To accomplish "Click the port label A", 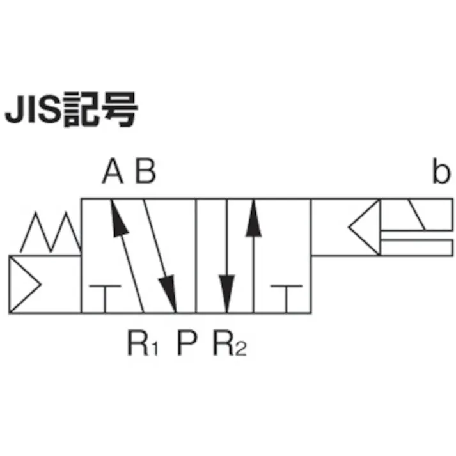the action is (113, 171).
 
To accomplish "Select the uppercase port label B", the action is (146, 171).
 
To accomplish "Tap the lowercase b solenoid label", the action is (441, 171).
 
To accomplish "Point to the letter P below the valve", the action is (187, 343).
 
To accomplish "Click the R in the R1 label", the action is (138, 343).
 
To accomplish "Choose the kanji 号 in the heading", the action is (120, 109).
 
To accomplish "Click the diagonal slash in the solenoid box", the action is (417, 215).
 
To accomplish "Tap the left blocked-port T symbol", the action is (105, 299).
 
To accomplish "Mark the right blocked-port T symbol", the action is (287, 299).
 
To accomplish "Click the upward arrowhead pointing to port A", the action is (118, 217).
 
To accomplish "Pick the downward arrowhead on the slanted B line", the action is (168, 294).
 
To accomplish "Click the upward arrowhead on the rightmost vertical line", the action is (254, 217).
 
